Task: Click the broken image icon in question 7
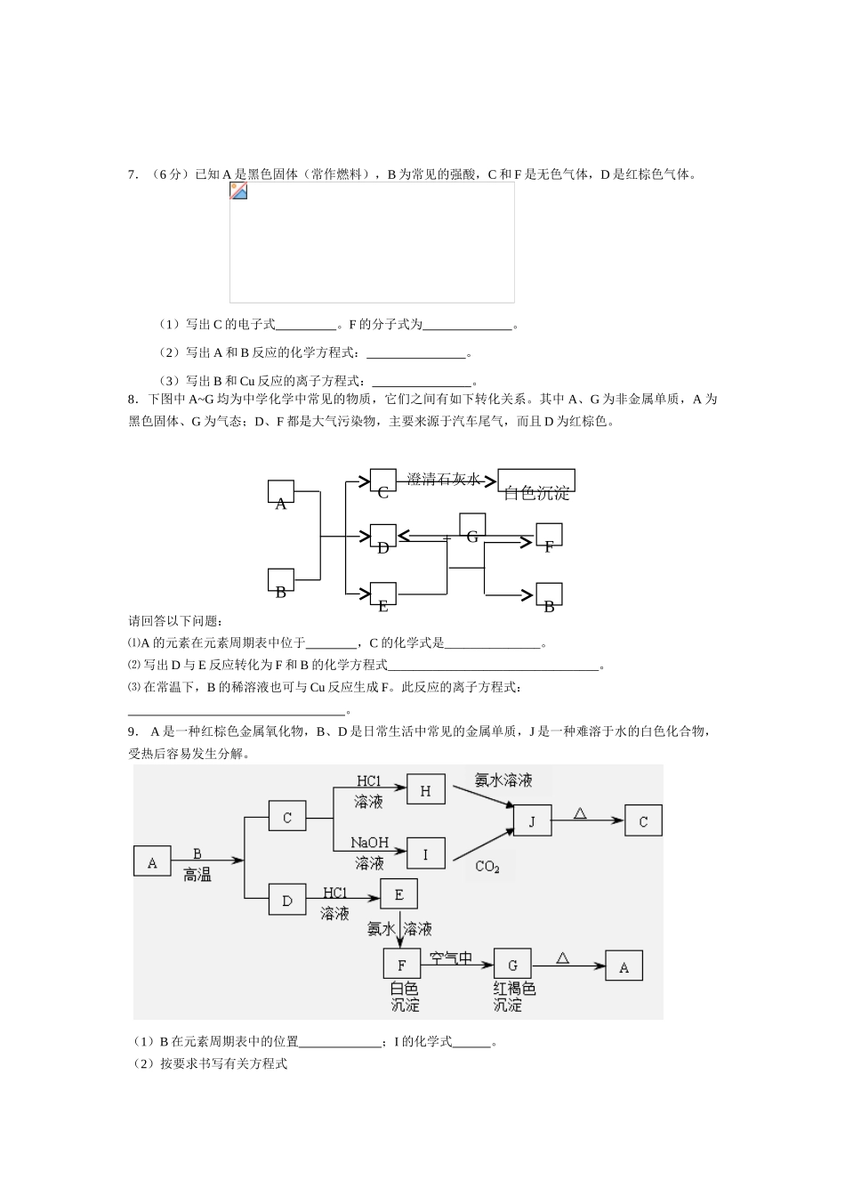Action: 238,191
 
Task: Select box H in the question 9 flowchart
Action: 425,790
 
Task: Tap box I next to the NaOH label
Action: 425,854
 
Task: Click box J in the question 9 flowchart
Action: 533,820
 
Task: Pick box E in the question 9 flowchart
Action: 398,894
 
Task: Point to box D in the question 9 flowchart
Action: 287,901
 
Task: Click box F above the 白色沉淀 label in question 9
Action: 401,964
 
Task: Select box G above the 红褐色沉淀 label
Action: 512,965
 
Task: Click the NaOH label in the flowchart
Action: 369,842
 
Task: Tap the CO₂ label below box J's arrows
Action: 487,867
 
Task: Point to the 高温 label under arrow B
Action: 197,875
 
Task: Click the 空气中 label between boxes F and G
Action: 451,958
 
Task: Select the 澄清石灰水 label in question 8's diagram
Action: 443,479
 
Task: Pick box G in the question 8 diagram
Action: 472,527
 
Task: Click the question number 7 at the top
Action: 133,174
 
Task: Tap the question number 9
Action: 133,731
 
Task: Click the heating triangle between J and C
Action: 580,812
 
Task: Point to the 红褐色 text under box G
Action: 514,989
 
